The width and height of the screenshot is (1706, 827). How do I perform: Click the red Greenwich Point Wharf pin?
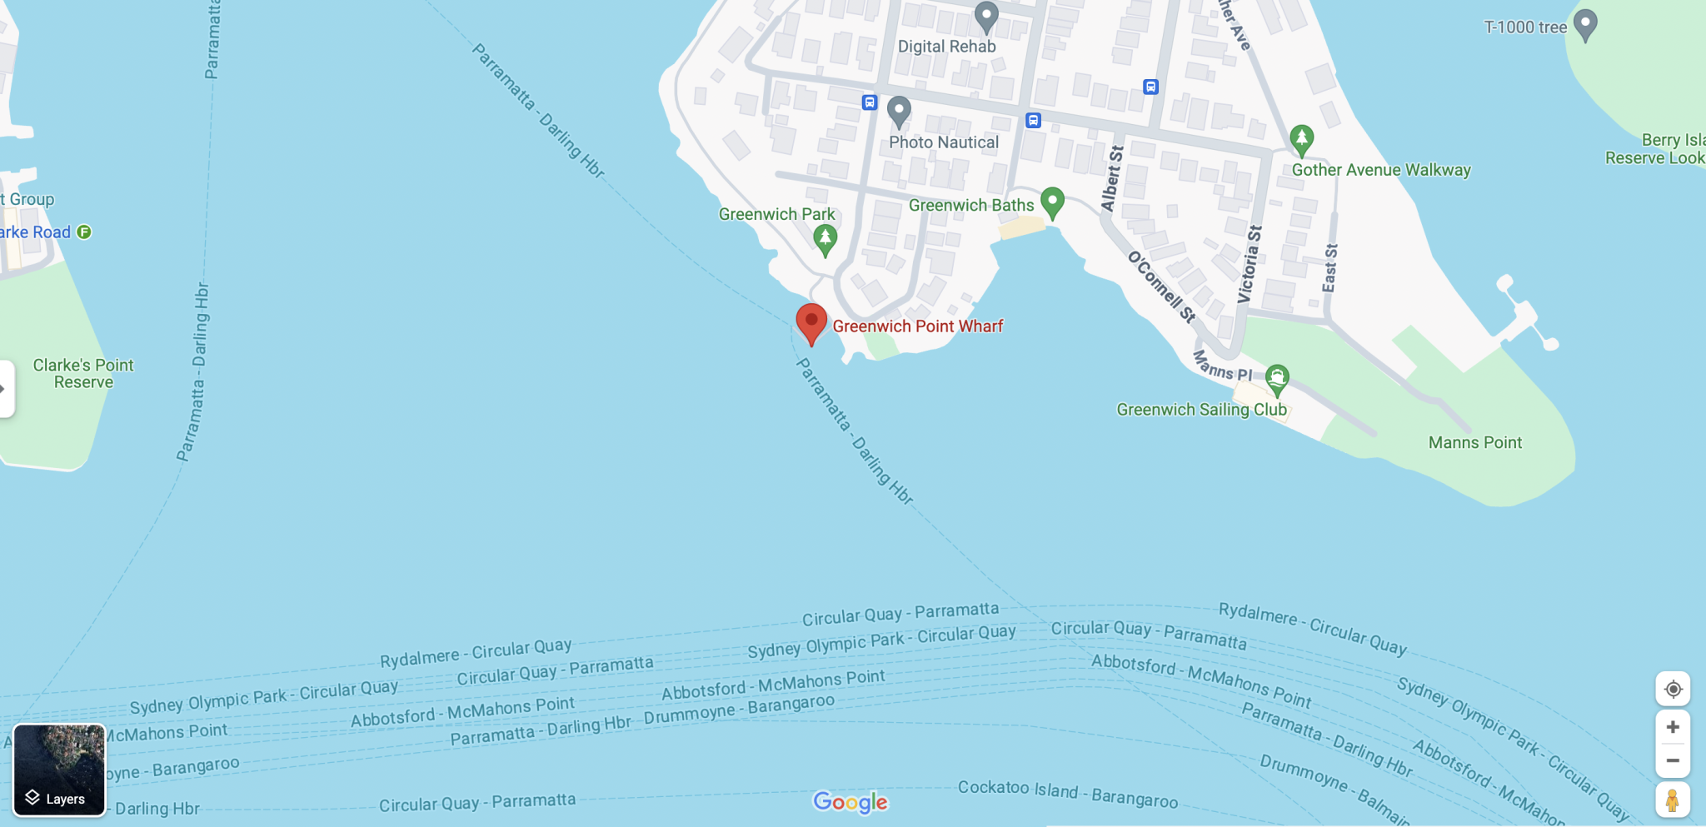point(811,321)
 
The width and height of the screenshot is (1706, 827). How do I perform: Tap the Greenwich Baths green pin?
point(1053,201)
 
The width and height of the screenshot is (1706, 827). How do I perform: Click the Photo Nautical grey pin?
point(899,110)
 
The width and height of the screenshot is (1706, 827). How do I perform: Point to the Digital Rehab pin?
point(987,14)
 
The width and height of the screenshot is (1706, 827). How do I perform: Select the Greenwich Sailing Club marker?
point(1277,379)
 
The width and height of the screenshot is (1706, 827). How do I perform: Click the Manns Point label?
point(1474,442)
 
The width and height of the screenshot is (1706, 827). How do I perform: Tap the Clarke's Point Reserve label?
point(83,373)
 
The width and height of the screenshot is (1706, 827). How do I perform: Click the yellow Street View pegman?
point(1672,800)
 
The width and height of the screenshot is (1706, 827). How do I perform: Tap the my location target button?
point(1673,689)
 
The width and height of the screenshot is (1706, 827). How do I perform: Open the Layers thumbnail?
point(59,770)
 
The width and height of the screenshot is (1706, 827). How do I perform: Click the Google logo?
point(851,802)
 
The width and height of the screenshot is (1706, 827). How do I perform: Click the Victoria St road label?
point(1250,264)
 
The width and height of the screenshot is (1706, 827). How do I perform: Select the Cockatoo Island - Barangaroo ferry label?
point(1068,794)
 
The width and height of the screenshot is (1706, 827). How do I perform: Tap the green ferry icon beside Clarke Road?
point(84,232)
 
